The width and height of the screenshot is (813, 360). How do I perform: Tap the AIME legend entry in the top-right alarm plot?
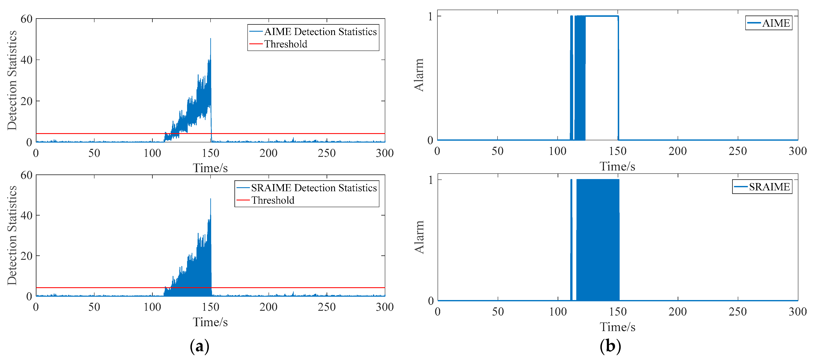pos(776,23)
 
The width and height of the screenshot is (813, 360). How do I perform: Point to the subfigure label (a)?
pos(199,346)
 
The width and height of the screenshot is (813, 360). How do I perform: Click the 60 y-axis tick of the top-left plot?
pos(27,19)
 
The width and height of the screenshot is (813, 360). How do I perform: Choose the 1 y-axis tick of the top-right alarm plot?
pos(430,16)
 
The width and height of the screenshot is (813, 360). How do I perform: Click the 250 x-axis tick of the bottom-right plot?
pos(738,312)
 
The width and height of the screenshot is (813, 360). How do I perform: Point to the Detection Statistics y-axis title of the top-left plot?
pos(12,81)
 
